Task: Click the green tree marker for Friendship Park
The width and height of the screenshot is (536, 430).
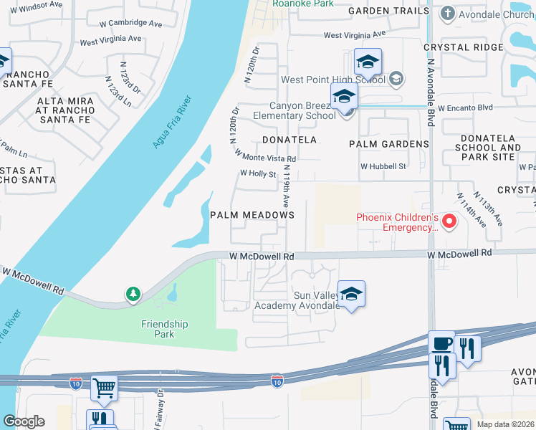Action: click(x=133, y=294)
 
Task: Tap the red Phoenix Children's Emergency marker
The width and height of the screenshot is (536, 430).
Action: click(x=449, y=221)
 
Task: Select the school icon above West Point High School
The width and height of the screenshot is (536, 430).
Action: click(x=368, y=62)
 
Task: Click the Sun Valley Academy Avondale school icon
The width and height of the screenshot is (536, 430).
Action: click(x=351, y=294)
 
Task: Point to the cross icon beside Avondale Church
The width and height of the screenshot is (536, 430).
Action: click(x=448, y=14)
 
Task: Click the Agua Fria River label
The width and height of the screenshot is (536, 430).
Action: click(x=173, y=122)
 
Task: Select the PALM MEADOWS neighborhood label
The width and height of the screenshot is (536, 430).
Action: click(x=252, y=215)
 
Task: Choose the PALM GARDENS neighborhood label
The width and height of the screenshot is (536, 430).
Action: click(x=388, y=144)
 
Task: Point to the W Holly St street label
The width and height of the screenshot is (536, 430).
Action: click(x=258, y=173)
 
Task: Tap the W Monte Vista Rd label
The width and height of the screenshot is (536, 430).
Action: click(x=265, y=156)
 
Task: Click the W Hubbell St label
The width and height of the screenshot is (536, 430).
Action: click(x=383, y=166)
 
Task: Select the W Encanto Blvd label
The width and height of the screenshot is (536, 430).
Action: click(x=466, y=107)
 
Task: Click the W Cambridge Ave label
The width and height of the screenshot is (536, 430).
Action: click(x=130, y=24)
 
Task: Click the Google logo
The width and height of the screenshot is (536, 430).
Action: click(x=24, y=421)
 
